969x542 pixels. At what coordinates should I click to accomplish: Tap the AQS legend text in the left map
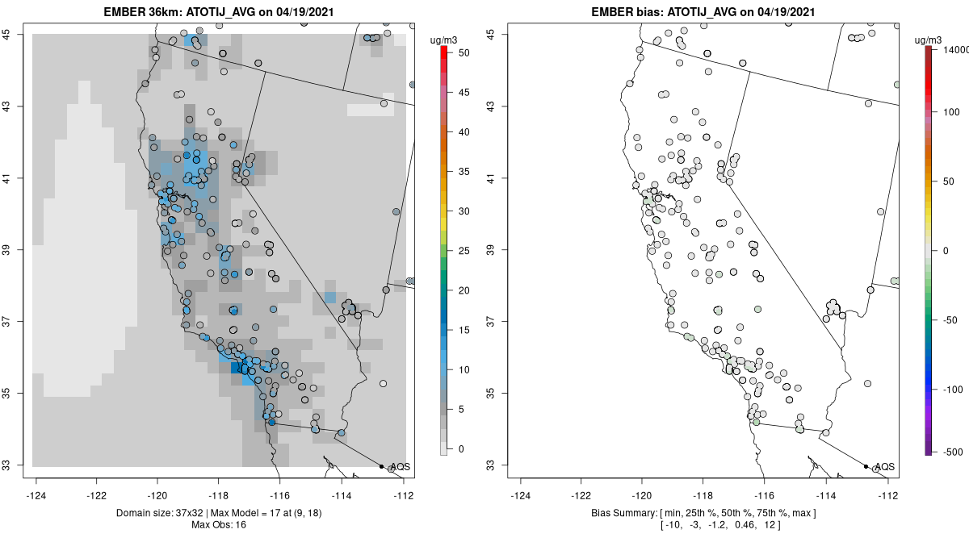coord(399,467)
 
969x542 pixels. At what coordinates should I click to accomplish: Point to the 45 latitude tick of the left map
coord(16,34)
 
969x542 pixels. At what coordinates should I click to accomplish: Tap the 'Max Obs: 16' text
coord(219,525)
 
